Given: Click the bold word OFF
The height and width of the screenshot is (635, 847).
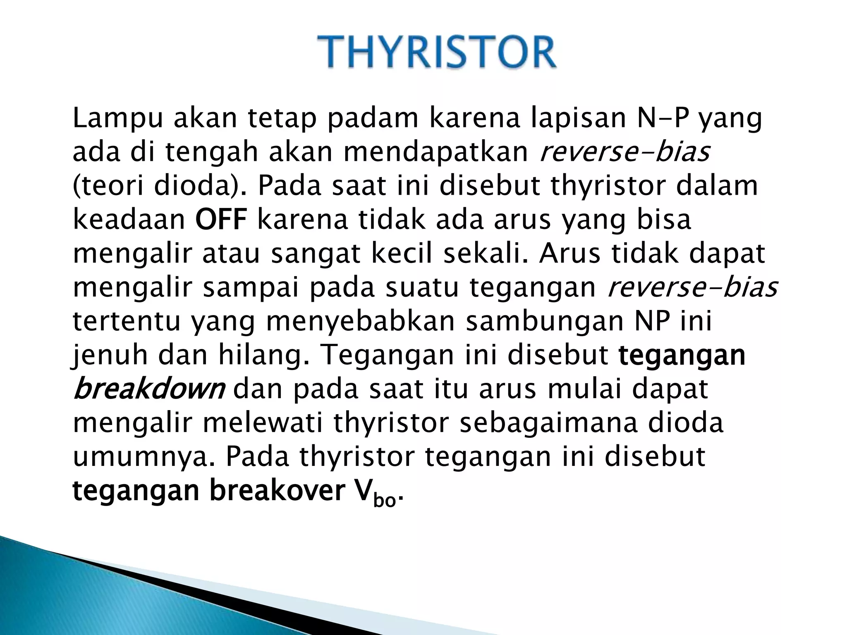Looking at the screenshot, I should tap(221, 220).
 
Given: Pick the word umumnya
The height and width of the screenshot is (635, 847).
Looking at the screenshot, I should tap(144, 456).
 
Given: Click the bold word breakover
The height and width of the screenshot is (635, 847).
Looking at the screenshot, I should tap(277, 490).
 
